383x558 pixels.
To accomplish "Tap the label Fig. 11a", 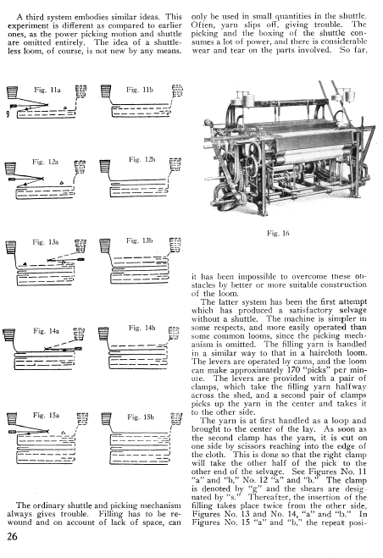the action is (47, 90).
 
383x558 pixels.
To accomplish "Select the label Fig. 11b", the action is (140, 90).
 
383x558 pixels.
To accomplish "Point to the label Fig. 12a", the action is (45, 162).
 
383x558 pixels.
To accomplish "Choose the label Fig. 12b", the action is (142, 159).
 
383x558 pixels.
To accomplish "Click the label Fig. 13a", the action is (45, 242).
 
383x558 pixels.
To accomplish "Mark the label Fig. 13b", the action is (139, 240).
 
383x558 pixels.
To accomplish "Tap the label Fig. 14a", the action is (46, 331).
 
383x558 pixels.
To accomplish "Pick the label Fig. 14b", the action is (142, 328).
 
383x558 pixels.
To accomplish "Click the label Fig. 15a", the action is (46, 415).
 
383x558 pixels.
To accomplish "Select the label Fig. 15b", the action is (141, 417).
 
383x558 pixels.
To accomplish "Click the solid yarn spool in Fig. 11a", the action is (12, 92).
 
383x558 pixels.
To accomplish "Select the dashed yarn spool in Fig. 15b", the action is (177, 418).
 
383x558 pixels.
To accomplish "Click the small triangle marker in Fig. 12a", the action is (62, 183).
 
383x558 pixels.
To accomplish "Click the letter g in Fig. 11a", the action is (8, 113).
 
